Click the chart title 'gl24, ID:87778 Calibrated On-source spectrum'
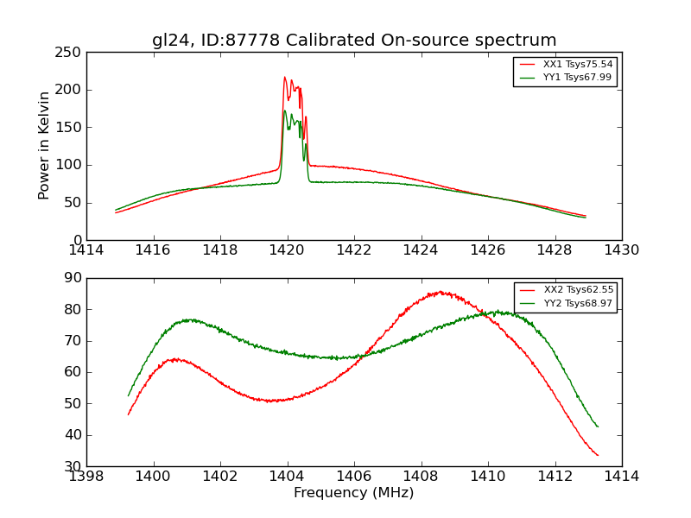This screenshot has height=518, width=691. click(354, 41)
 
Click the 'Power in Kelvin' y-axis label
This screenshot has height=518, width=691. click(44, 146)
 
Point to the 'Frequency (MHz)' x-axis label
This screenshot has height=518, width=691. click(354, 493)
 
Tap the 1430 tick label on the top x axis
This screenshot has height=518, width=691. click(621, 250)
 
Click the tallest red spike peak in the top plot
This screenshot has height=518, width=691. click(284, 77)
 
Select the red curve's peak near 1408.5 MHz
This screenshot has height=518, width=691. click(440, 292)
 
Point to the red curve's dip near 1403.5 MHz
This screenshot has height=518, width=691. click(271, 401)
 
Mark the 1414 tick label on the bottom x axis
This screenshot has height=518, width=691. click(621, 477)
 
